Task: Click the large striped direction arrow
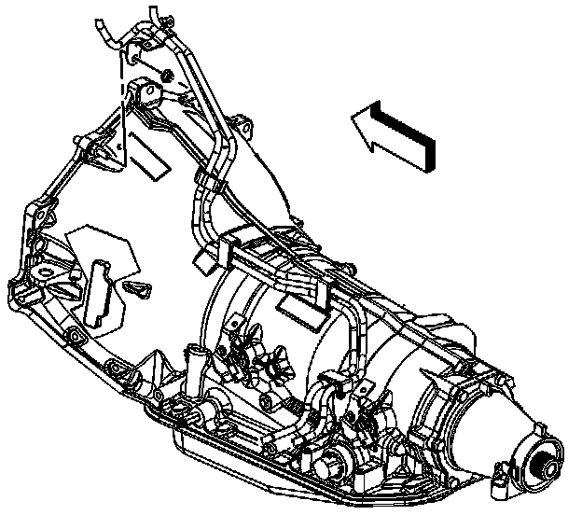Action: tap(395, 134)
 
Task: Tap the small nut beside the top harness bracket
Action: tap(167, 76)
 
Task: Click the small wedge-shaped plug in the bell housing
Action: tap(135, 287)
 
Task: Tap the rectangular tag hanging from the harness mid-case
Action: tap(304, 299)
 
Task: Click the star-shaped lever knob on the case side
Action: tap(276, 362)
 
